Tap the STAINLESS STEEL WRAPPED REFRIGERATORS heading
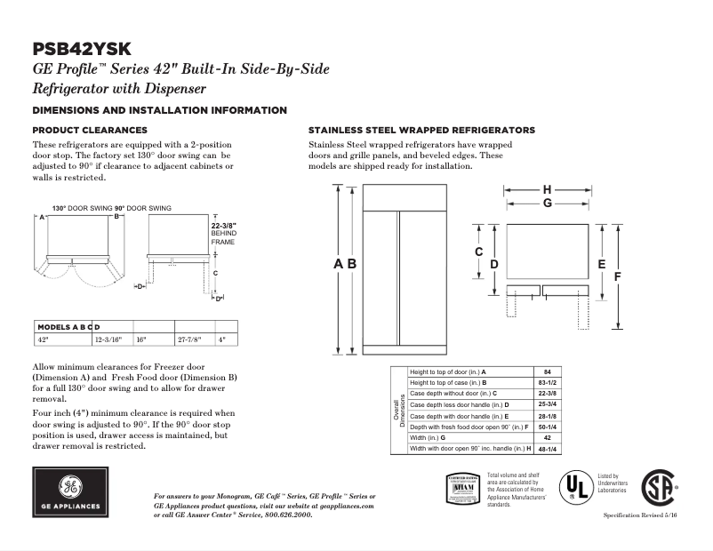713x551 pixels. [x=421, y=130]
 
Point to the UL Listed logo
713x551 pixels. [x=575, y=486]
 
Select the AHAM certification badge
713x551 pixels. [x=462, y=490]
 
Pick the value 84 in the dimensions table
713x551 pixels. [x=548, y=371]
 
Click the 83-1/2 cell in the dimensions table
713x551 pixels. [x=548, y=382]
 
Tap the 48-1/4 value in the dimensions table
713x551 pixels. [x=548, y=449]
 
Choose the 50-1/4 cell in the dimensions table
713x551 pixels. [x=548, y=427]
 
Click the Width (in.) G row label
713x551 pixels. [x=428, y=438]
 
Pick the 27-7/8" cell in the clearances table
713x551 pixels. [x=189, y=339]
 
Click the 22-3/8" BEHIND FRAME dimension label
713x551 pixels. [x=223, y=233]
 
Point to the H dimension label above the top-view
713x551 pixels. [x=548, y=189]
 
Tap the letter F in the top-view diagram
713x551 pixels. [x=616, y=277]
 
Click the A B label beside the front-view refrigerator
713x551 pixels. [x=345, y=264]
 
